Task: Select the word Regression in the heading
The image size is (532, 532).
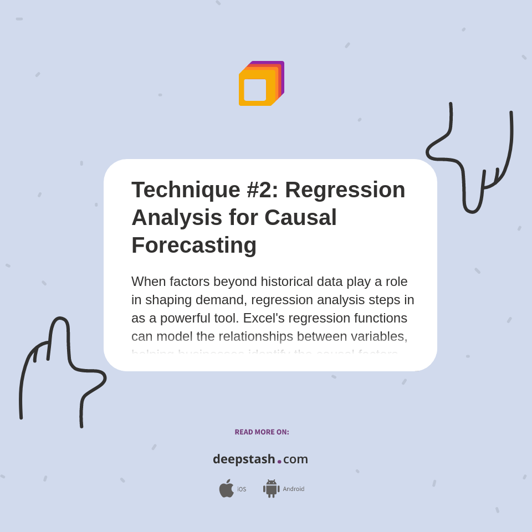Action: tap(345, 190)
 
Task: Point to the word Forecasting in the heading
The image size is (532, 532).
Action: tap(194, 245)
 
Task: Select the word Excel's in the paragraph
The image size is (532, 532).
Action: tap(264, 318)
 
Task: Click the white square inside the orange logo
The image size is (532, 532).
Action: tap(255, 90)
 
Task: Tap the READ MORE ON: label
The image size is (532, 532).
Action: tap(262, 432)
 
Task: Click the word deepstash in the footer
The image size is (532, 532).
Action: tap(244, 459)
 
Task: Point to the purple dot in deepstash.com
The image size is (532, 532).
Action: tap(279, 461)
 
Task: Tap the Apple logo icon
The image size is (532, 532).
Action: tap(226, 488)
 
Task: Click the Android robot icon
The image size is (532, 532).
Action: tap(271, 488)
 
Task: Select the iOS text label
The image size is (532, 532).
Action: tap(242, 489)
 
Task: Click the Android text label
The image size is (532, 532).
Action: tap(294, 489)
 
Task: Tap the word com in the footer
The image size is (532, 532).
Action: tap(295, 459)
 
